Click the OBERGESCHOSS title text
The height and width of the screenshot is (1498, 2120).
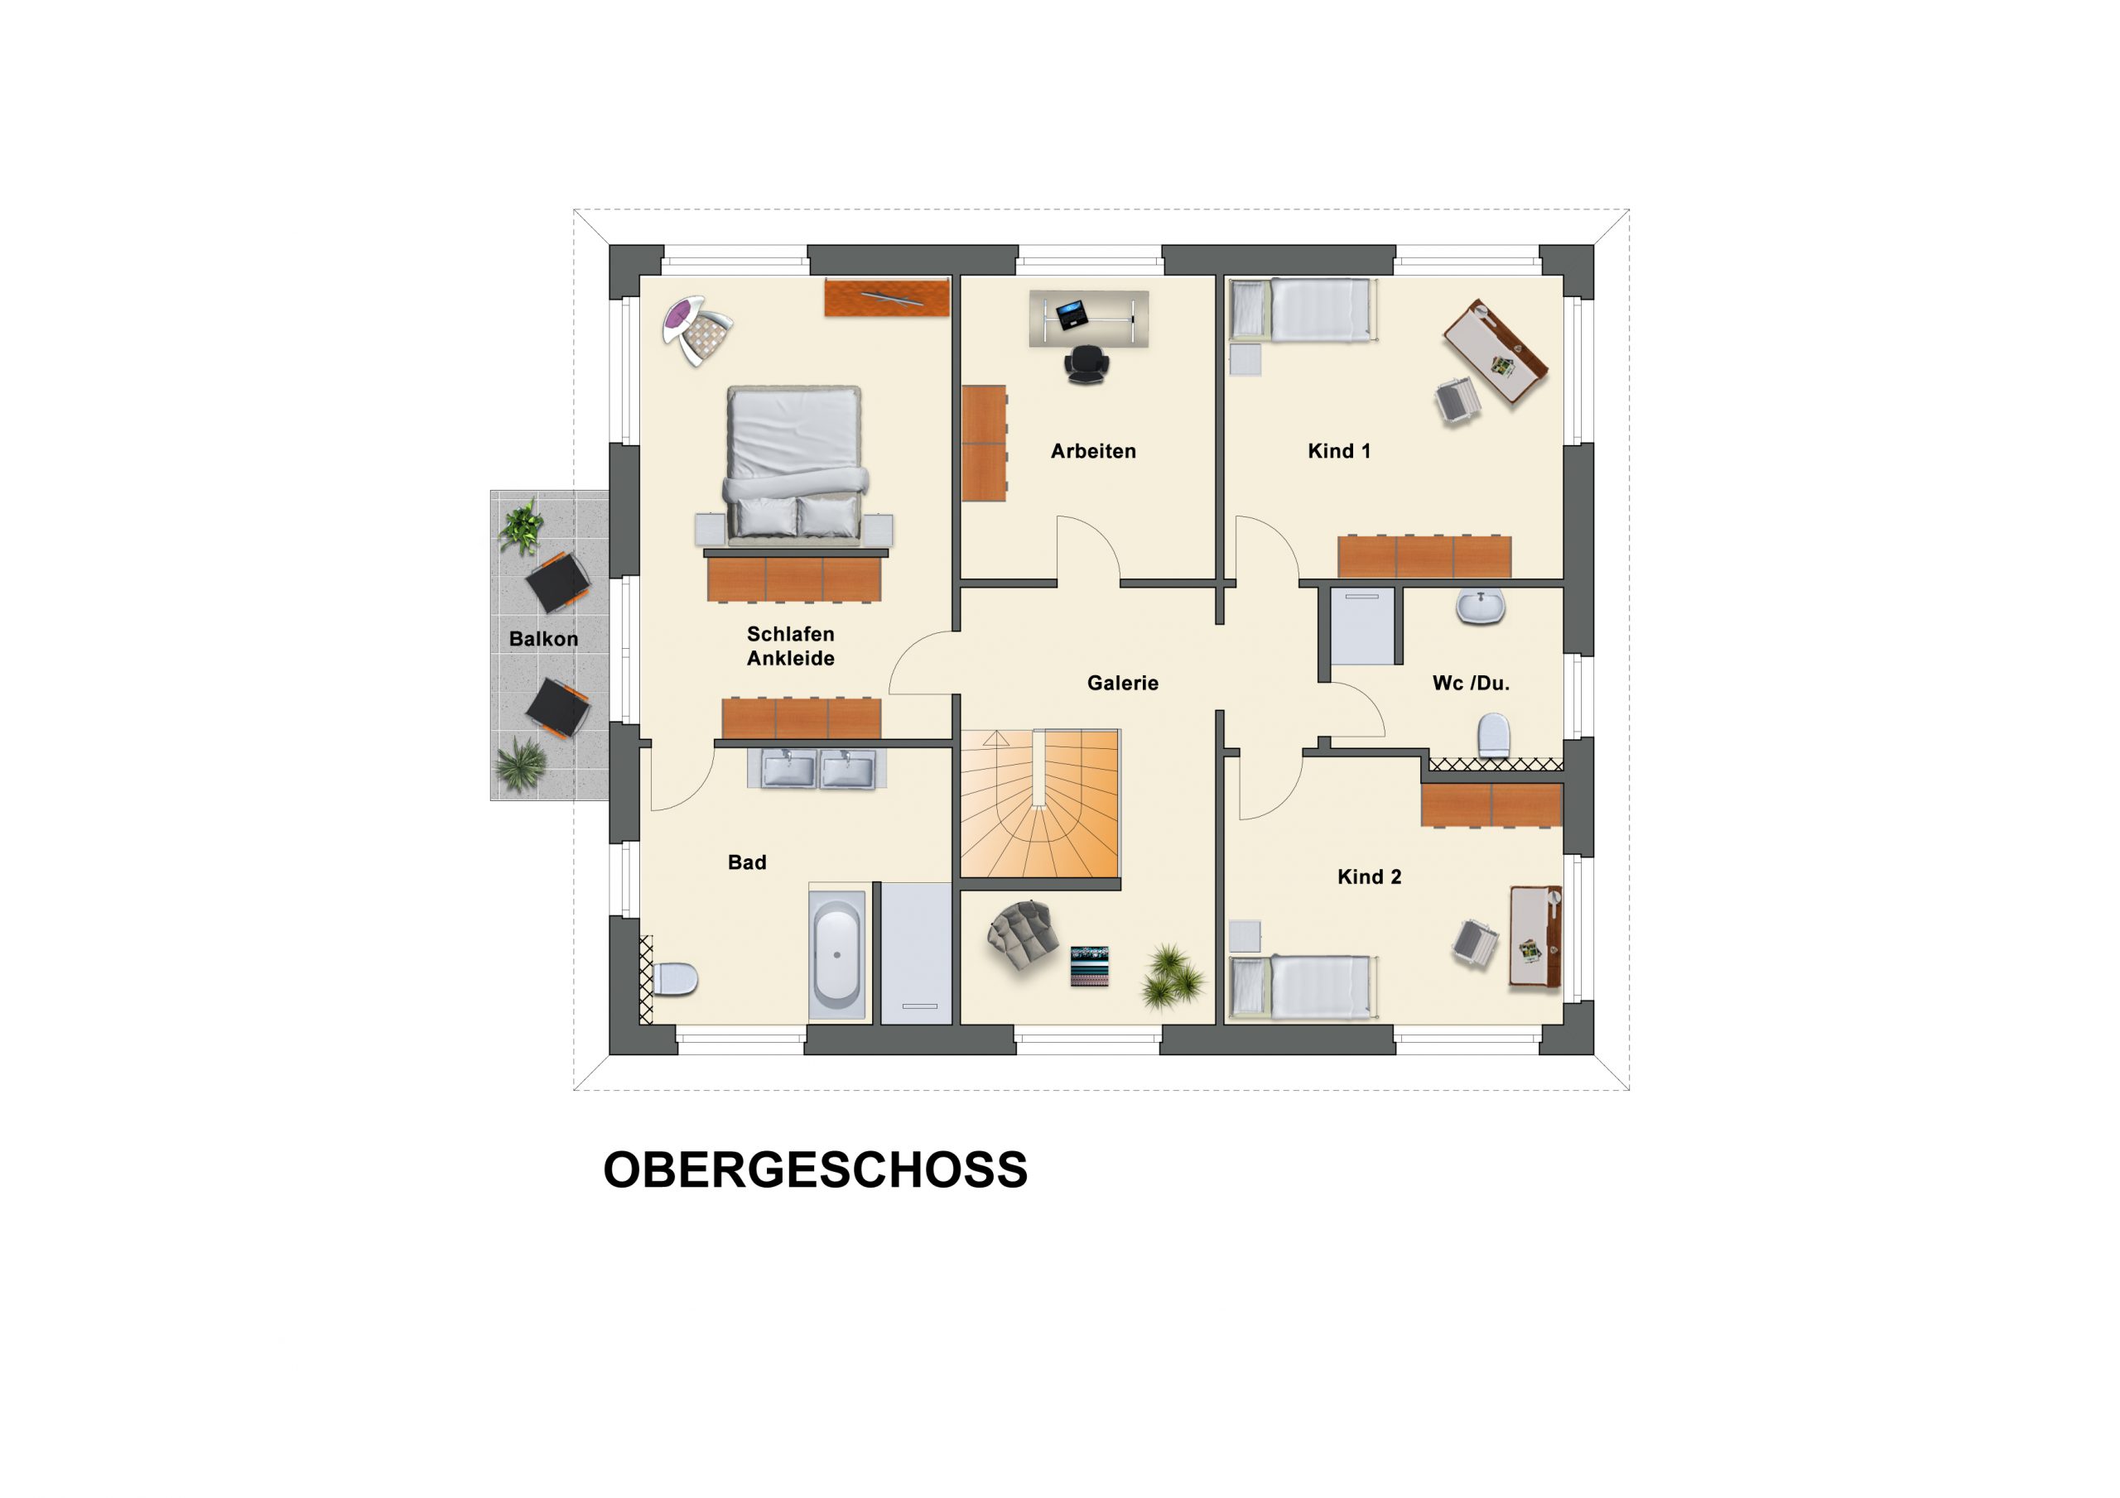tap(816, 1170)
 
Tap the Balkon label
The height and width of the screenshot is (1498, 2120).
tap(544, 639)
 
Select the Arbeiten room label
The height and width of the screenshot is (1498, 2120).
tap(1093, 451)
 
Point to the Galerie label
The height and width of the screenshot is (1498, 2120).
tap(1122, 683)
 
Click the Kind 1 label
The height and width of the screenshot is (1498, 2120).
tap(1339, 451)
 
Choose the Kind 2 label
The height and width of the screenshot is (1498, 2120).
tap(1370, 876)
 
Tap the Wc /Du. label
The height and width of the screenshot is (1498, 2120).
tap(1471, 683)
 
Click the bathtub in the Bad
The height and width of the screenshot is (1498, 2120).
tap(837, 955)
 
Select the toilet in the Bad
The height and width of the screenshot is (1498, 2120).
tap(674, 979)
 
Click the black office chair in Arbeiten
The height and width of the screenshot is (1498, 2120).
tap(1086, 363)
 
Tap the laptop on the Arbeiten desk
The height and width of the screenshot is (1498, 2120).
tap(1072, 314)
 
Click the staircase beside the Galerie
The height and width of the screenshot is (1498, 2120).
tap(1039, 804)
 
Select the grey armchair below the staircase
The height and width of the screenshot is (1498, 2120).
tap(1022, 935)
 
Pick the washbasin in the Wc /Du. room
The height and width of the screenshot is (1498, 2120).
tap(1481, 607)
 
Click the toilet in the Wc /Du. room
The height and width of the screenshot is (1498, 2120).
tap(1493, 736)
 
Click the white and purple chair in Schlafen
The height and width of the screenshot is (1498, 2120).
tap(697, 329)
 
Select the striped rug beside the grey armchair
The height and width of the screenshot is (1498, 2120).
tap(1090, 967)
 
